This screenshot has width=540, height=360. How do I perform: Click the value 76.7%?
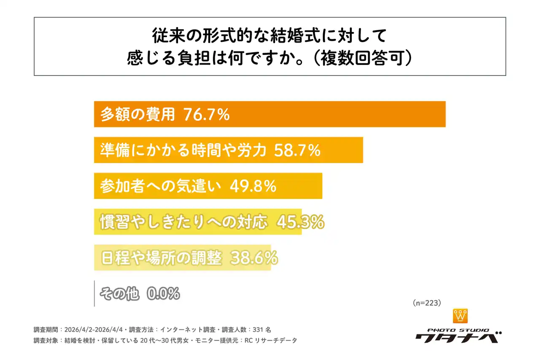(x=206, y=114)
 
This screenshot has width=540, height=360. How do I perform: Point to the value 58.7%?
(x=297, y=150)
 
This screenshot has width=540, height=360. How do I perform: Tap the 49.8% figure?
(x=253, y=186)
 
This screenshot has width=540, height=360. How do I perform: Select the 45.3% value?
(x=300, y=222)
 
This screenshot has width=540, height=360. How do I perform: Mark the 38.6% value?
(x=254, y=258)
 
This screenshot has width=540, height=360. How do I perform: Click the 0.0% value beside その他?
(x=163, y=294)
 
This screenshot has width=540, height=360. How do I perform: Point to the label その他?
(x=119, y=294)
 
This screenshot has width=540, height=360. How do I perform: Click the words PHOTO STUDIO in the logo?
(x=458, y=330)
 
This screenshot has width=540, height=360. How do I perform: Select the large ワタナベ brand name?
(x=458, y=338)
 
